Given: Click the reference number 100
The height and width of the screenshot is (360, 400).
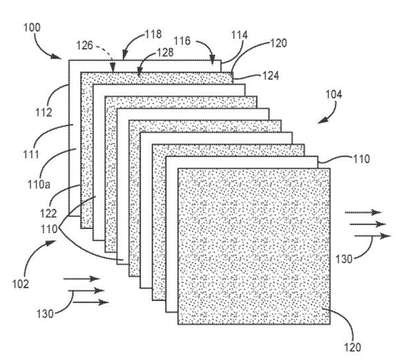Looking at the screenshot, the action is [x=32, y=27].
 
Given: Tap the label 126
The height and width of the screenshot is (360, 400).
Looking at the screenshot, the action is [x=85, y=45].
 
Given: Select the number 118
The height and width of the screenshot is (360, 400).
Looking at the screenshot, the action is [x=153, y=34].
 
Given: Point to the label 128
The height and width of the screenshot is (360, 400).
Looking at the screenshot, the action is [x=165, y=52].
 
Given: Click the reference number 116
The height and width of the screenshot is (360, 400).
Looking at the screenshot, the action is [x=182, y=41].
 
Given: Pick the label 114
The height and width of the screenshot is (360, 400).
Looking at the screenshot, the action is [x=239, y=35].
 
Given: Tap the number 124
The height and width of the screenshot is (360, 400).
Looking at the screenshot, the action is [x=270, y=76].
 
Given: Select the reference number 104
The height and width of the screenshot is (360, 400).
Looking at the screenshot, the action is [x=334, y=95].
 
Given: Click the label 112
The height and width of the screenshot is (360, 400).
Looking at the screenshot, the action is [x=44, y=112].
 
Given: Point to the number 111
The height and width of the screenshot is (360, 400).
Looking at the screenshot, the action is [x=31, y=154].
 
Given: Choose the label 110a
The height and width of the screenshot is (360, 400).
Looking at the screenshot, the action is [x=39, y=184].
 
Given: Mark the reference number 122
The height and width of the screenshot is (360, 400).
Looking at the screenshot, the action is [x=49, y=213].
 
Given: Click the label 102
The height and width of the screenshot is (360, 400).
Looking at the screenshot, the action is [x=21, y=284].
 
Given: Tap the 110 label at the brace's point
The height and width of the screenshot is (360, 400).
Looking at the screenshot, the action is [x=49, y=229].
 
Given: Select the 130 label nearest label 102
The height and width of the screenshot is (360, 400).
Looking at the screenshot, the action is [x=45, y=314].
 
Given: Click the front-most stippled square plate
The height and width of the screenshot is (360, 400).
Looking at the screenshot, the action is [x=254, y=246].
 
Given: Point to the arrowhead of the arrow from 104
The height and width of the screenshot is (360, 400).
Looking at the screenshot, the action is [x=320, y=121].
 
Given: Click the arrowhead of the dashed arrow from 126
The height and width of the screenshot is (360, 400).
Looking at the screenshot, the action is [x=113, y=69].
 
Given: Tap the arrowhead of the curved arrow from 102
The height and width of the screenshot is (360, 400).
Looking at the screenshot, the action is [x=51, y=242].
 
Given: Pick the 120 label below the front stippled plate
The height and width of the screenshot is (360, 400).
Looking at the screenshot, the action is [x=352, y=347].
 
